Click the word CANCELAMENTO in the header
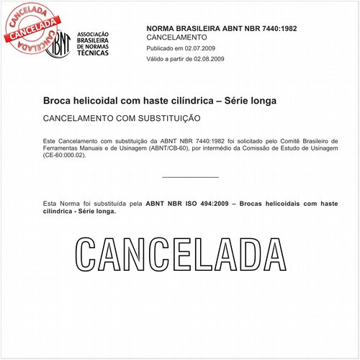tap(176, 37)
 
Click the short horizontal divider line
tap(190, 177)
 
